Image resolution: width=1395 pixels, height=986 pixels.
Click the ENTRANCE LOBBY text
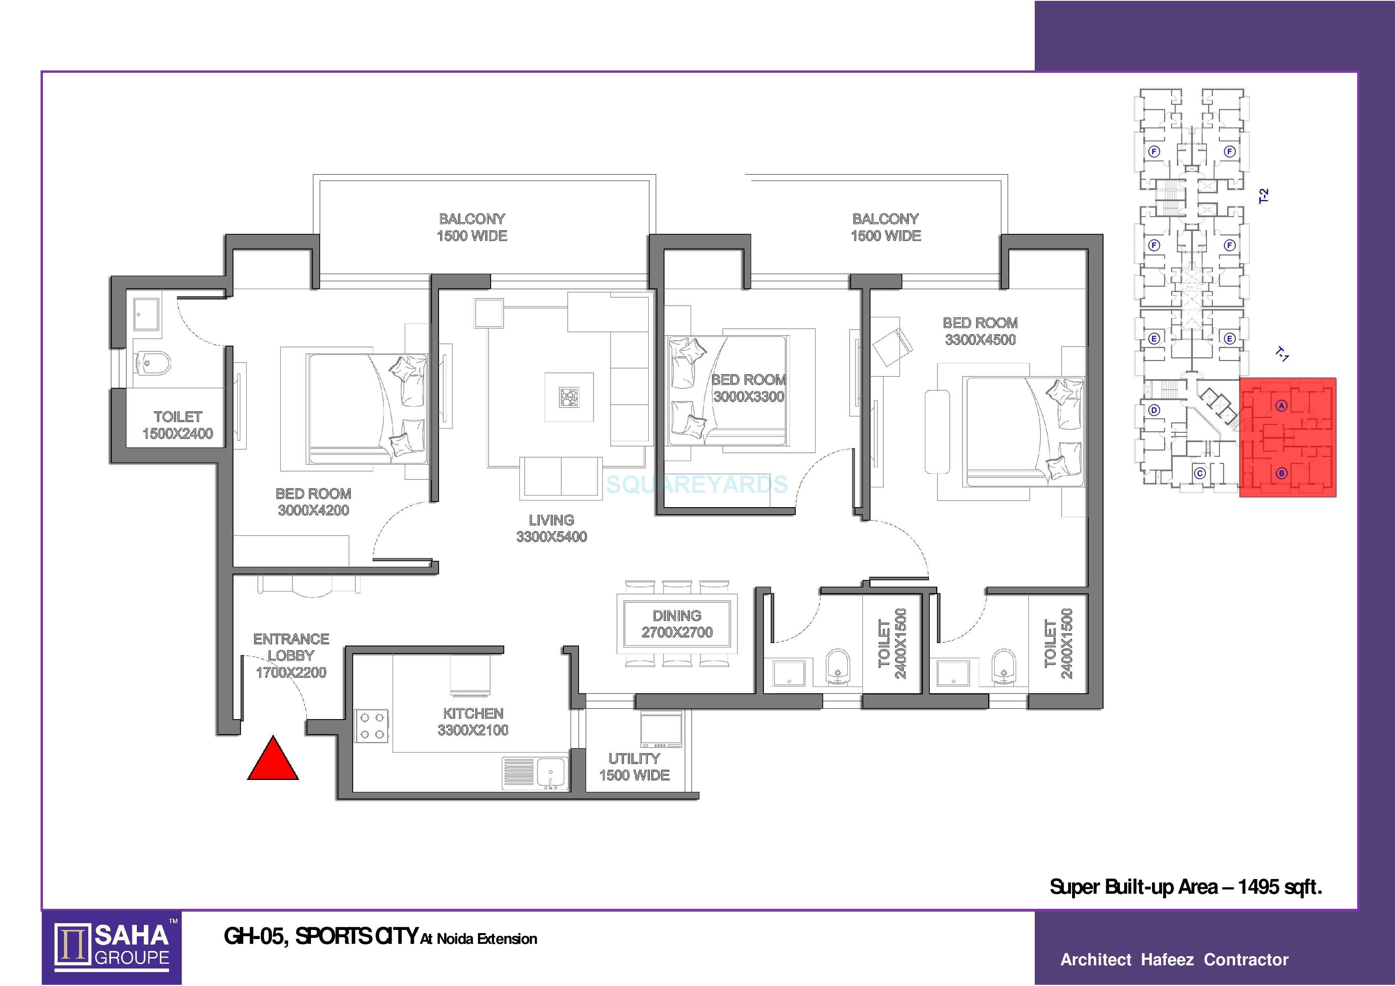pos(291,648)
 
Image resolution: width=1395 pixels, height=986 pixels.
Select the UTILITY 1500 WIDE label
pos(634,767)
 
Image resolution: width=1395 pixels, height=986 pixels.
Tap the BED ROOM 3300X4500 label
pos(980,331)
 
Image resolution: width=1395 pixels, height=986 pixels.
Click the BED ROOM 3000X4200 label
pos(313,502)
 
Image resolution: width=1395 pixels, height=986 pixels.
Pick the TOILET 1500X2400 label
pos(177,425)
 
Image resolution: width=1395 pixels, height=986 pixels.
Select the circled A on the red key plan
pos(1281,405)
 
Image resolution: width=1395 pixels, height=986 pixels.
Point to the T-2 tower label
pos(1263,196)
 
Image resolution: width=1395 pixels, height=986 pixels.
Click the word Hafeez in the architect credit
pos(1167,960)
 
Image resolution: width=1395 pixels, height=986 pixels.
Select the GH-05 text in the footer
pos(255,937)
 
